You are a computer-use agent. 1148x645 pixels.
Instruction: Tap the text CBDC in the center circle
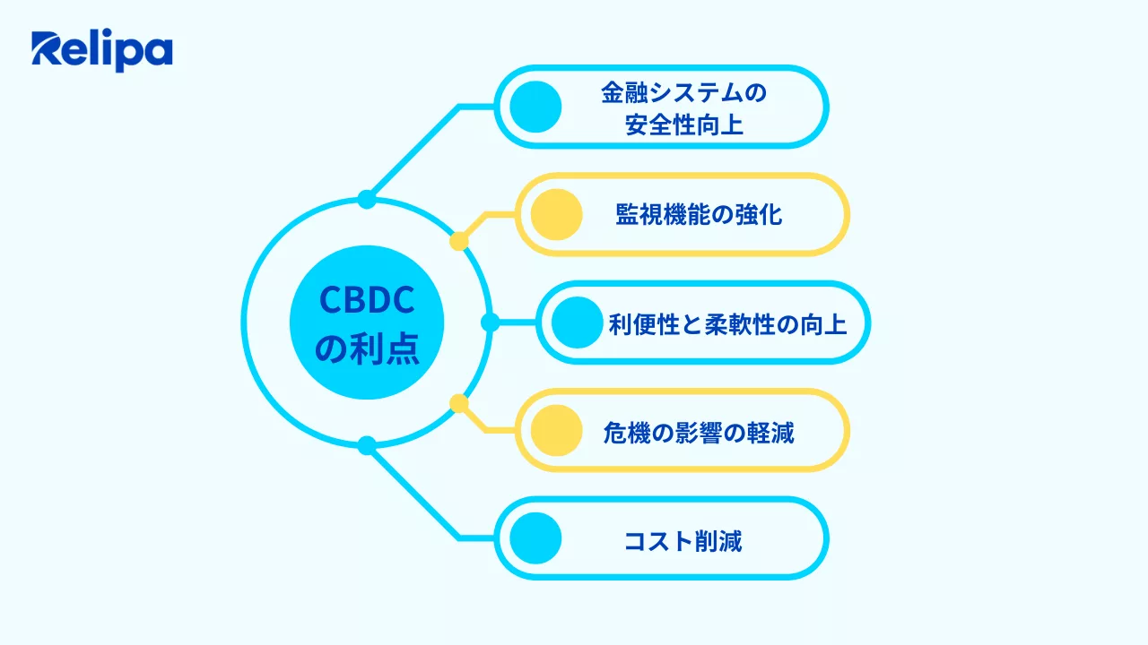tap(367, 301)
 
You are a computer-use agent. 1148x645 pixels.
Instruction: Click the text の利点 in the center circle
tap(367, 348)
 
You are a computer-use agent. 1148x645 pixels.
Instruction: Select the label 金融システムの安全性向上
tap(684, 107)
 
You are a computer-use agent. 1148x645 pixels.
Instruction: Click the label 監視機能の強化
tap(699, 215)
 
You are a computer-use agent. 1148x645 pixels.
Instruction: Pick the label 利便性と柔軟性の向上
tap(727, 322)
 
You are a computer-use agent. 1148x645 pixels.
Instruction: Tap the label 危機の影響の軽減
tap(699, 432)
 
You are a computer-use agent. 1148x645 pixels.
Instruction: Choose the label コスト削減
tap(683, 540)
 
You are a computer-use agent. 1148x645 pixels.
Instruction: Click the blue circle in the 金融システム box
tap(535, 107)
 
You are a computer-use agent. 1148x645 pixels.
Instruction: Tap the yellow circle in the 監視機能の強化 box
tap(556, 215)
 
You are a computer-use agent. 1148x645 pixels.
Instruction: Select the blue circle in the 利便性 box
tap(577, 322)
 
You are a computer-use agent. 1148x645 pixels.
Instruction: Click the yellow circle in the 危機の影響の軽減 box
tap(556, 431)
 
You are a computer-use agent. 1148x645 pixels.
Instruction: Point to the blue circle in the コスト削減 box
tap(535, 539)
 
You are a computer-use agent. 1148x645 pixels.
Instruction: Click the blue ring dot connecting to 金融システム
tap(367, 199)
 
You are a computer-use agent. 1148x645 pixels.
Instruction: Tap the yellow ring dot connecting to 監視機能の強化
tap(459, 241)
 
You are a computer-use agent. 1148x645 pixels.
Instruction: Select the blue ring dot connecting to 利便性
tap(490, 322)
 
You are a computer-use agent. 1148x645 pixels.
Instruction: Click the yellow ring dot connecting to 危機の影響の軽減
tap(459, 404)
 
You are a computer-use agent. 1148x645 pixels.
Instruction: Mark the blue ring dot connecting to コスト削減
tap(367, 445)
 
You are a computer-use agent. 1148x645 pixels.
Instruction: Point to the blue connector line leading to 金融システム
tap(414, 151)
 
